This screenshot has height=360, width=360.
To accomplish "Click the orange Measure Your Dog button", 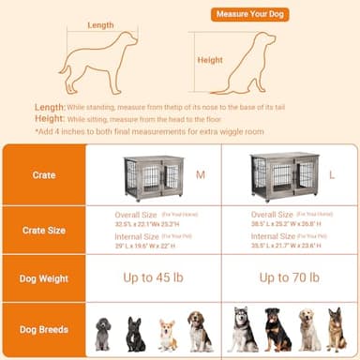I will coord(250,14).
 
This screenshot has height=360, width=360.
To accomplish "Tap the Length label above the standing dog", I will coord(102,25).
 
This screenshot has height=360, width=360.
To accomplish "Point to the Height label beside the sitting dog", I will coord(210,60).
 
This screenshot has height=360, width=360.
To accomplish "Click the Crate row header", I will coord(44,175).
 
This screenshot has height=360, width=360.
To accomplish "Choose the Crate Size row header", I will coord(44,231).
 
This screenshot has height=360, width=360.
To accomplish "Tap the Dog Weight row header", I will coord(44,278).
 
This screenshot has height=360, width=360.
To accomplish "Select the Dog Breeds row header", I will coord(44,330).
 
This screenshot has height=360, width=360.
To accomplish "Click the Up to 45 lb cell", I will coord(155,278).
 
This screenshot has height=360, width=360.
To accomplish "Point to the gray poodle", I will coord(103,333).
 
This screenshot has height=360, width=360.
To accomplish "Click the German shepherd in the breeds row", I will coord(337,331).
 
